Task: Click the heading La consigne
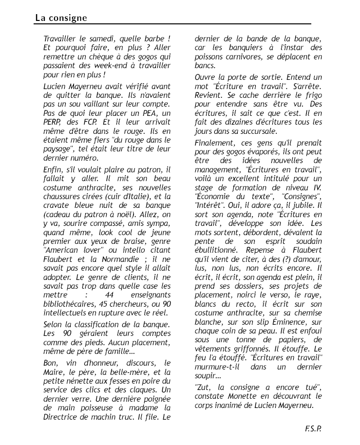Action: (61, 18)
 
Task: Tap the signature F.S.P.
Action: (313, 428)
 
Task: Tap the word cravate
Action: (57, 205)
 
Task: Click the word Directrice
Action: (62, 417)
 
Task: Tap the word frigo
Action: (312, 94)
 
